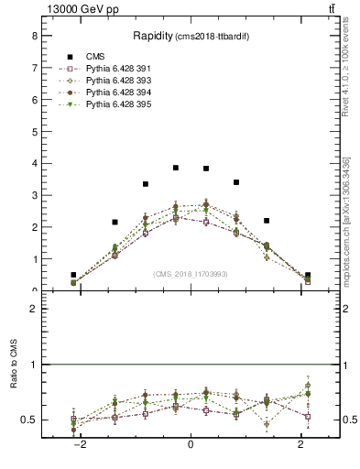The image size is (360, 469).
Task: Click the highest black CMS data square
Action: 176,168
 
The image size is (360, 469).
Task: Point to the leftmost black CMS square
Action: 73,275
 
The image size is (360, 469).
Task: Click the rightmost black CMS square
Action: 308,275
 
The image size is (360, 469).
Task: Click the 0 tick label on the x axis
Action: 191,443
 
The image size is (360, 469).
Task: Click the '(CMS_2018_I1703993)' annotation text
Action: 190,273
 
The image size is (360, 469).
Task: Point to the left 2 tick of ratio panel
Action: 34,309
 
